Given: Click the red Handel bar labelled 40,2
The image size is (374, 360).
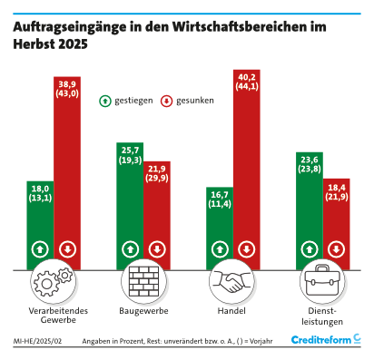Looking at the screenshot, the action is pyautogui.click(x=247, y=170).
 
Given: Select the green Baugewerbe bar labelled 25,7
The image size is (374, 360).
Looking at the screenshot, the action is pyautogui.click(x=130, y=206).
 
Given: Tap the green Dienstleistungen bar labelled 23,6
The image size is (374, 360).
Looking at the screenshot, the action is pyautogui.click(x=310, y=210).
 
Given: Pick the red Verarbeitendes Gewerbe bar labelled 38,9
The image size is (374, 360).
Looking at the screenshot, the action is pyautogui.click(x=67, y=173).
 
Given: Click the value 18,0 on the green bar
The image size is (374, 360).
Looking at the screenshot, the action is pyautogui.click(x=40, y=189).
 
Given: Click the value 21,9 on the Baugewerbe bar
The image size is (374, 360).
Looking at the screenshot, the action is pyautogui.click(x=157, y=169).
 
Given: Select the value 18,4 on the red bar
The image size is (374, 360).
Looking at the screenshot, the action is pyautogui.click(x=337, y=188).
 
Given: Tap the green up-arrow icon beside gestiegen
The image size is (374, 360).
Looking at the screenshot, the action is pyautogui.click(x=105, y=101).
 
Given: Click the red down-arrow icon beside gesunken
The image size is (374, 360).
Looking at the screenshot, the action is pyautogui.click(x=166, y=101).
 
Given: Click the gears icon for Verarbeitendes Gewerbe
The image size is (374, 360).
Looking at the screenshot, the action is pyautogui.click(x=54, y=282).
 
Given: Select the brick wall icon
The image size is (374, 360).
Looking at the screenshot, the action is pyautogui.click(x=143, y=281).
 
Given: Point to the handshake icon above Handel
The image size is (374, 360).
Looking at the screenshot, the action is pyautogui.click(x=232, y=281).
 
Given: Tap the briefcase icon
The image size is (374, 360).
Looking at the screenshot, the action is pyautogui.click(x=322, y=281).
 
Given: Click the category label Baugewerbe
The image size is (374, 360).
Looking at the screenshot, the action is pyautogui.click(x=143, y=311).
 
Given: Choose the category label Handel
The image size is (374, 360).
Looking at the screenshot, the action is pyautogui.click(x=231, y=311).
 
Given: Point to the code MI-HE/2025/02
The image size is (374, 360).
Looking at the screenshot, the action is pyautogui.click(x=37, y=341).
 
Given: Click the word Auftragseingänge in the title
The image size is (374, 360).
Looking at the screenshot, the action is pyautogui.click(x=70, y=27).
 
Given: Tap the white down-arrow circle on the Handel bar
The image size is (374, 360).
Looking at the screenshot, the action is pyautogui.click(x=247, y=249).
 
